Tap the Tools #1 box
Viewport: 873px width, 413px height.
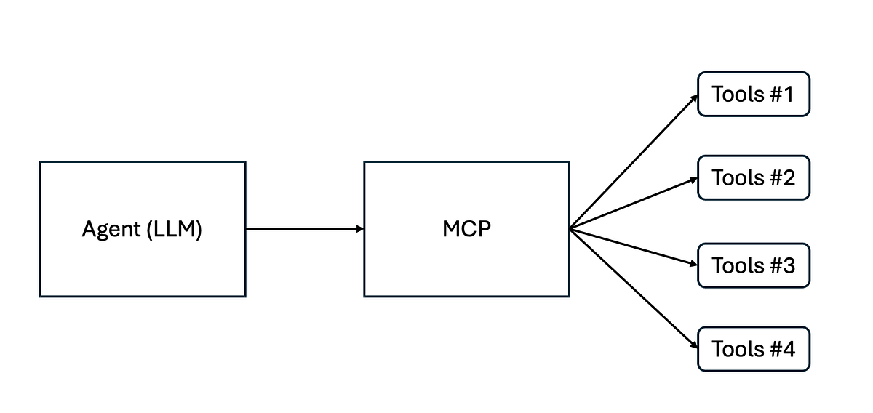754,94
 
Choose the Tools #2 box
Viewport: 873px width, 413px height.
754,177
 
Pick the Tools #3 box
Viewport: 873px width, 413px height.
754,265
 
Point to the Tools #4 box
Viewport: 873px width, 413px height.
754,349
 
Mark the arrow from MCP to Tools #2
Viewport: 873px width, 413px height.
633,204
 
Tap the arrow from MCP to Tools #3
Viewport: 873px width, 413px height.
633,247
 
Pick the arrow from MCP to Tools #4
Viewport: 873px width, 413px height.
633,289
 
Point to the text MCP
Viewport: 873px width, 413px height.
466,230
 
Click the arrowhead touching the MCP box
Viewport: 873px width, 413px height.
359,229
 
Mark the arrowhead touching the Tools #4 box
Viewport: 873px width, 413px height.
694,346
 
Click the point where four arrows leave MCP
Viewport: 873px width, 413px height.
571,229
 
